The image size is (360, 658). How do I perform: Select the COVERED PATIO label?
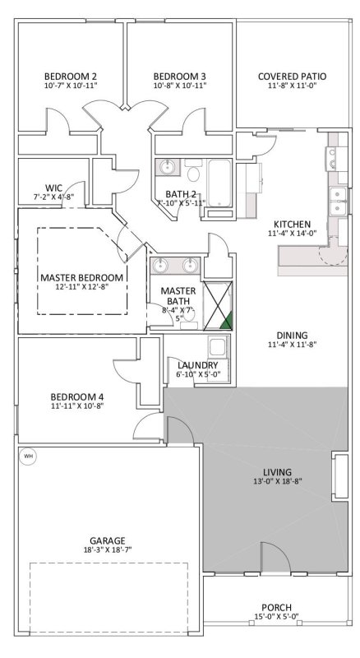(292, 76)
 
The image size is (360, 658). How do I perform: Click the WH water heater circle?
(27, 456)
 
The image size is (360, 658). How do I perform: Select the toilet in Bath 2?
(193, 174)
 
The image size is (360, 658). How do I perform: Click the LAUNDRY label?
(197, 364)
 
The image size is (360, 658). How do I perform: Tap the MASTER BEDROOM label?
(82, 277)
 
